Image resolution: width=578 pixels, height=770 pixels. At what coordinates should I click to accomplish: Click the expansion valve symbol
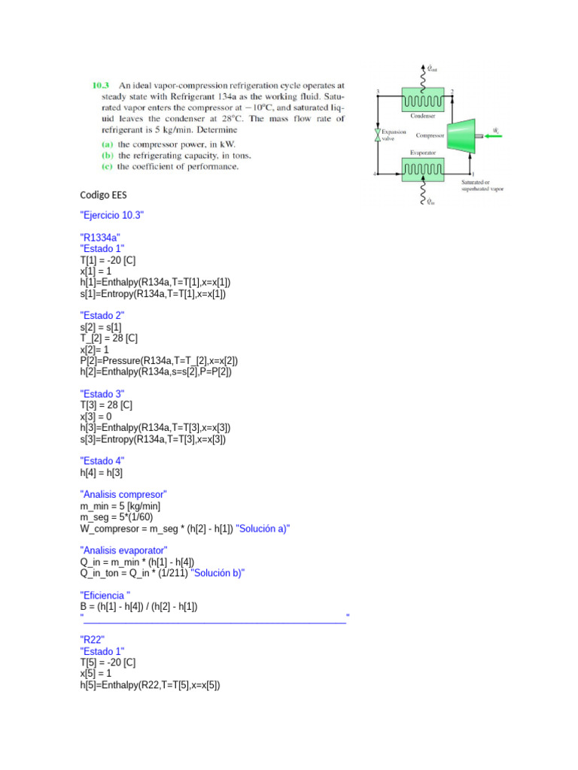[377, 135]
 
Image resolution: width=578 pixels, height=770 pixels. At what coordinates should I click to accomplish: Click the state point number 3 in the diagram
[377, 91]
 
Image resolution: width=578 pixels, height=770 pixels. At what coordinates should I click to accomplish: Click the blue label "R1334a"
[100, 238]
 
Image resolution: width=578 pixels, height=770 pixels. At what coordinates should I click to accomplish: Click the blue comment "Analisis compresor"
[123, 494]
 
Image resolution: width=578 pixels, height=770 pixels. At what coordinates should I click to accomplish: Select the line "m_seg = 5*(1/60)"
[120, 517]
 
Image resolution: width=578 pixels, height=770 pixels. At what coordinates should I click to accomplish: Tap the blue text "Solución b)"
[218, 573]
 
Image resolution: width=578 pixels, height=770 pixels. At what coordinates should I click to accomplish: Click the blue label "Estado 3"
[102, 393]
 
